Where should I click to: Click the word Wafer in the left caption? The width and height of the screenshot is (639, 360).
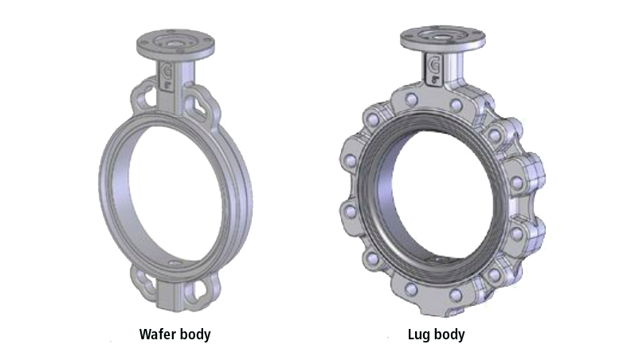point(157,335)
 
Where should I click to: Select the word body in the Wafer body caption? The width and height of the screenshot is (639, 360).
point(194,335)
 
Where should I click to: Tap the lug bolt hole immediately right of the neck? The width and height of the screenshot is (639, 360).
point(456,104)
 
